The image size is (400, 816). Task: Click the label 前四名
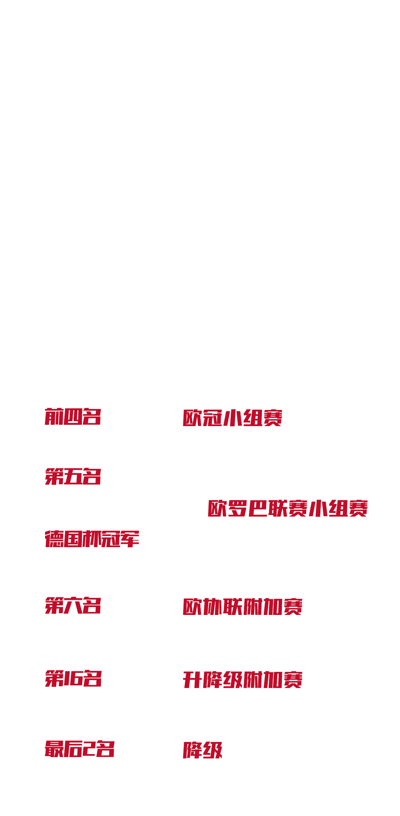tap(73, 417)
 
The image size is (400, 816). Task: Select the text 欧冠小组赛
tap(232, 418)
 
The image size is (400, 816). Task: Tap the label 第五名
tap(73, 476)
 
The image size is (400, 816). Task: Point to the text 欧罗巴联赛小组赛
tap(287, 508)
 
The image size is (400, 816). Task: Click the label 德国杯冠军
tap(92, 539)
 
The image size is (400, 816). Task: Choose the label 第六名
tap(73, 605)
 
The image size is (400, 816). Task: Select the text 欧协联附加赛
tap(242, 607)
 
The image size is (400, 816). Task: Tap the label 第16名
tap(73, 678)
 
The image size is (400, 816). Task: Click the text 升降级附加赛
tap(242, 680)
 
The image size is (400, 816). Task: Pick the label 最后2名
tap(80, 749)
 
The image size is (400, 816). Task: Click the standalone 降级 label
tap(203, 750)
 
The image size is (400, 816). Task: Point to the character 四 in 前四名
tap(73, 417)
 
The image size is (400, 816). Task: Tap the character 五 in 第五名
tap(73, 476)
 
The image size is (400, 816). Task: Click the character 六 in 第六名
tap(73, 605)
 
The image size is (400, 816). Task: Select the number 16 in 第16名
tap(73, 678)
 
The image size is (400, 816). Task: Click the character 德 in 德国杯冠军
tap(54, 539)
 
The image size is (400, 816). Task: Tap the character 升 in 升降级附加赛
tap(192, 680)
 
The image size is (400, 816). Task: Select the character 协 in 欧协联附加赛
tap(213, 607)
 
